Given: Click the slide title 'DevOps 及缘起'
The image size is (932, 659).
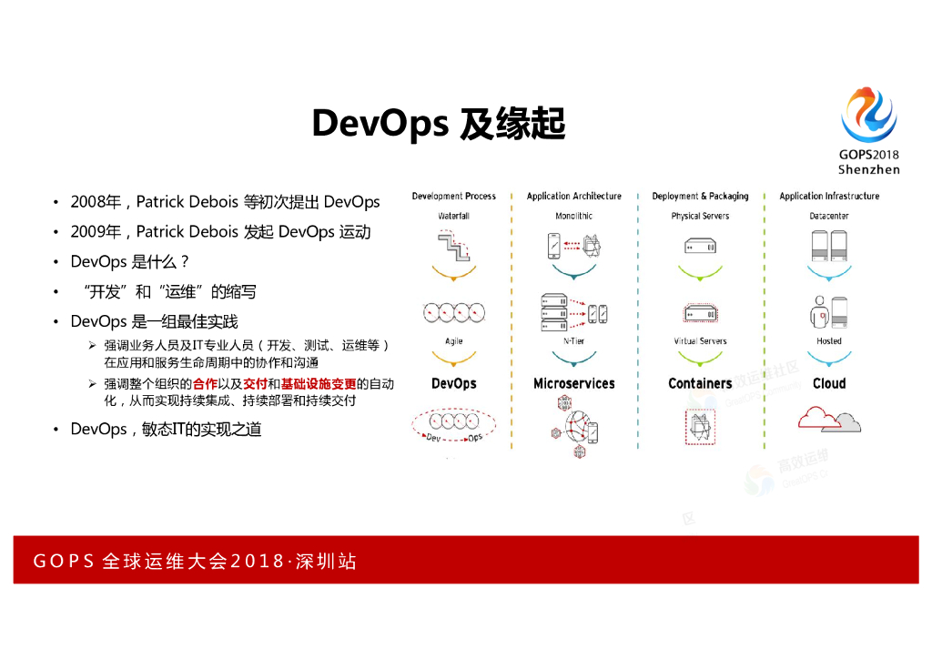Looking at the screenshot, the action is coord(439,124).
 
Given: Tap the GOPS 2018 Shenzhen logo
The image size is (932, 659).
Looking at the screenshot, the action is coord(868,129).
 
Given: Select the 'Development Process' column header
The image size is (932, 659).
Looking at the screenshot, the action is coord(453,197).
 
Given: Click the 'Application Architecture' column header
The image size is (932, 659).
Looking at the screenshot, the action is coord(573,197).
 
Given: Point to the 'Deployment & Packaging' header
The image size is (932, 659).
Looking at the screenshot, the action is coord(700,197).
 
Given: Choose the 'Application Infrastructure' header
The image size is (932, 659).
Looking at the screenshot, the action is coord(829,197).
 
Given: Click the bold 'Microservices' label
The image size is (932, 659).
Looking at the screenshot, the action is coord(573,384).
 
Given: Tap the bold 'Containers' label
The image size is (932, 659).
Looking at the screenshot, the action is coord(700,384).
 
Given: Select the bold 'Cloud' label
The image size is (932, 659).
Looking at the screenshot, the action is coord(829,384).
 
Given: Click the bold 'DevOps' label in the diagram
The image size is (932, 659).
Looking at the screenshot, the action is coord(453,384).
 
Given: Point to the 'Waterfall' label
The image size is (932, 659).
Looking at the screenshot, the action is coord(453,217).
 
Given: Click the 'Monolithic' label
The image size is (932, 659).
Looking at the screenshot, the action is coord(573,217).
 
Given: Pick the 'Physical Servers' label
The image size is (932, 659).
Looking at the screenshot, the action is coord(700,217).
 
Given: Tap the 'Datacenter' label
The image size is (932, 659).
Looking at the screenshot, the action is coord(829,217).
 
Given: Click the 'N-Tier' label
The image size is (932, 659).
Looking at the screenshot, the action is coord(573,341).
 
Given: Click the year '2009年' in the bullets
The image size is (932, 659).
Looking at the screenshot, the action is coord(90,232).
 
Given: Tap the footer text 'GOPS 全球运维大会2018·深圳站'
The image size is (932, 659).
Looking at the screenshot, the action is coord(194,562).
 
